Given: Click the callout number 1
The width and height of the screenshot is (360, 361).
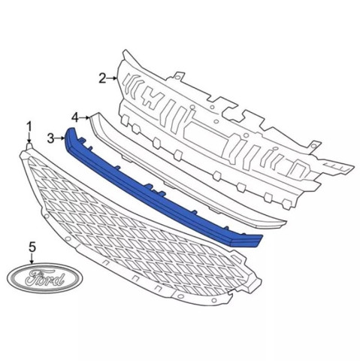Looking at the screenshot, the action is tap(29, 127).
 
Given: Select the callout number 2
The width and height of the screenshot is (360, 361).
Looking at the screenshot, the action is tap(102, 78).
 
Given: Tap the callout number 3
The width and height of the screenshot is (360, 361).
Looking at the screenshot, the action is tap(51, 138).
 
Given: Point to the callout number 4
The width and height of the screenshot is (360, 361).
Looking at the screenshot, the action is tap(75, 117).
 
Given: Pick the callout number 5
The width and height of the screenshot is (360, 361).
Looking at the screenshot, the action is tap(32, 247).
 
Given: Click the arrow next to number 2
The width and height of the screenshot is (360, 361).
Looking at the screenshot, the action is tap(112, 78).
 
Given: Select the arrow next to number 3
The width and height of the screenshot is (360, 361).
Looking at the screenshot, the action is tap(59, 138).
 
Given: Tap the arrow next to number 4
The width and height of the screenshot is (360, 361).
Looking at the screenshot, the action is tap(84, 117).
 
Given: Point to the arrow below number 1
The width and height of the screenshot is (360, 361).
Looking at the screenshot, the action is tap(29, 138).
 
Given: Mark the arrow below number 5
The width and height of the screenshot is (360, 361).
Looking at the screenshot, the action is tap(32, 259).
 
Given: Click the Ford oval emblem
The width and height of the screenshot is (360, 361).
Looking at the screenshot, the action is tap(45, 278).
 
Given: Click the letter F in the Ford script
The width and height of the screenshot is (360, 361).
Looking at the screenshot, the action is tap(34, 277).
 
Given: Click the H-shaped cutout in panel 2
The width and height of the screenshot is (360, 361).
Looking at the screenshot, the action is tap(153, 98).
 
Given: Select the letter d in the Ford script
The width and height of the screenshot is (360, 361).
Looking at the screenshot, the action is tap(59, 279).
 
